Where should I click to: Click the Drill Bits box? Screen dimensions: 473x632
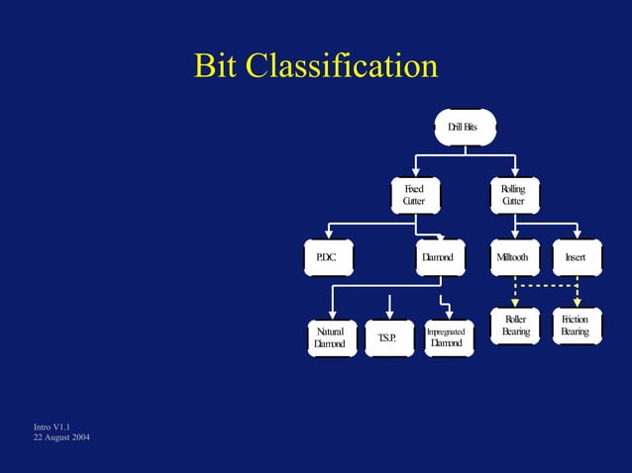(462, 127)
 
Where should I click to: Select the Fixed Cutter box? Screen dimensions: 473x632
(413, 195)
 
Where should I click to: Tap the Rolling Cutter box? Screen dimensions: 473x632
(513, 195)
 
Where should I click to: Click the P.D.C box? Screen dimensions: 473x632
(327, 257)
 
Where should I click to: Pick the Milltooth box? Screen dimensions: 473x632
(513, 257)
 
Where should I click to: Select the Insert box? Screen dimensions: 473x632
(576, 257)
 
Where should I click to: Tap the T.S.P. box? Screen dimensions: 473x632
(387, 337)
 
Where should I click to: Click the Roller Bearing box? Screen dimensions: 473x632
(515, 327)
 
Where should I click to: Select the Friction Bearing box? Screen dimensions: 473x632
(576, 327)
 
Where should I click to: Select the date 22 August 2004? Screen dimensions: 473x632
(61, 437)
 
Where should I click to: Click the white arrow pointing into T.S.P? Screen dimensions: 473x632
(391, 307)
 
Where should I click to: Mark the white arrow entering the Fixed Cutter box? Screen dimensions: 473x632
(414, 167)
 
